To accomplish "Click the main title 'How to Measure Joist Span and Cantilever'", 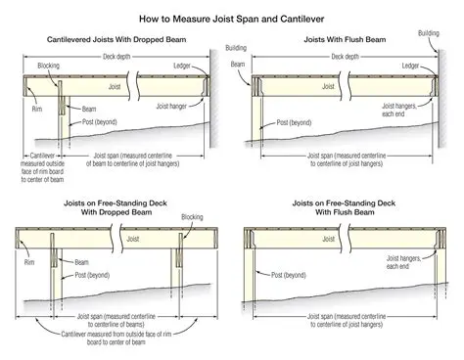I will click(232, 18).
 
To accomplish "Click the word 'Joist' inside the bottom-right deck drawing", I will click(336, 237).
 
